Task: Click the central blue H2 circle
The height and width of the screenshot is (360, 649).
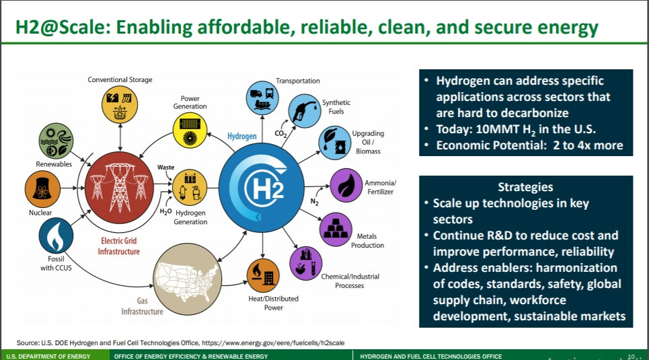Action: pos(261,188)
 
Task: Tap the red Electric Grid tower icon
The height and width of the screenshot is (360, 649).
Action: pos(119,188)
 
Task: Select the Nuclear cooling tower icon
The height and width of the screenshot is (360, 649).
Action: pos(42,189)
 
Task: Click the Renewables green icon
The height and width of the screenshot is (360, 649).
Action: pos(56,141)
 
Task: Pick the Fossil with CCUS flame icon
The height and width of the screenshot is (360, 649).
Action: pos(56,236)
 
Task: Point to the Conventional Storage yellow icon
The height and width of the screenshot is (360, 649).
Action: pos(120,104)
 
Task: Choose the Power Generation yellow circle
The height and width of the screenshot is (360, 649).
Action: pos(190,131)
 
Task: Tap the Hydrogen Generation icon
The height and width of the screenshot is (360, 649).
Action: pos(190,187)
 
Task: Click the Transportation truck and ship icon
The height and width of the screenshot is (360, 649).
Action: pos(262,98)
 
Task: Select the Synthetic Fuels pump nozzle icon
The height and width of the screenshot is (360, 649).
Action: pos(304,110)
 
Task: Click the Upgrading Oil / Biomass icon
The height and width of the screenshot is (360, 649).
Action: pos(335,143)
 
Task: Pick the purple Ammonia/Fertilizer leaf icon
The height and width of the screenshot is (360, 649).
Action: pos(346,185)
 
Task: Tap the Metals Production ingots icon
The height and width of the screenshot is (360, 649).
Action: pos(336,229)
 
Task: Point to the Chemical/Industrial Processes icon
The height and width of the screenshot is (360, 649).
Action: pos(306,264)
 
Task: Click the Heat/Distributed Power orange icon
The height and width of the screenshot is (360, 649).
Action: pos(263,275)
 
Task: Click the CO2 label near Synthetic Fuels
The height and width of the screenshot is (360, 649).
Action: pos(280,133)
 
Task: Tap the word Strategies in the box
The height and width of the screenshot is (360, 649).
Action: pos(525,187)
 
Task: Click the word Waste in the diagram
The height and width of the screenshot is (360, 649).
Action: pos(165,168)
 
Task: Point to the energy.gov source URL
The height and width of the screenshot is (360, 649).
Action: pos(273,343)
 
